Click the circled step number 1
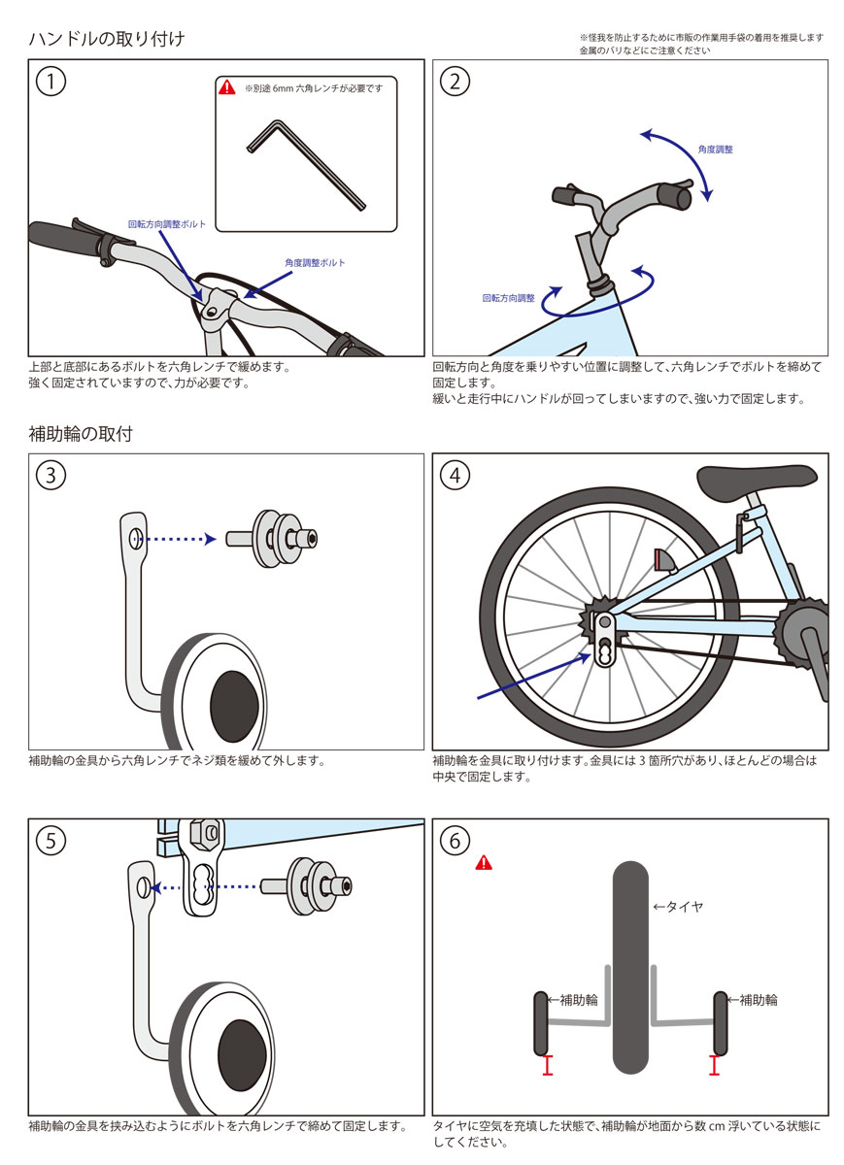51,82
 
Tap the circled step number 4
455,475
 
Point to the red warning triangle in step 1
227,87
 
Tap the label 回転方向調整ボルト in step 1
167,223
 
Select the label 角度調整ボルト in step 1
315,262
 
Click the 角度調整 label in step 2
715,150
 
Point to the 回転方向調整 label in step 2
509,298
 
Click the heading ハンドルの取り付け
107,39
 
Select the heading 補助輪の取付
81,434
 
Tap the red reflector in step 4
665,561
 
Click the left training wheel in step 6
542,1023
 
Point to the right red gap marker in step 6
715,1066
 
